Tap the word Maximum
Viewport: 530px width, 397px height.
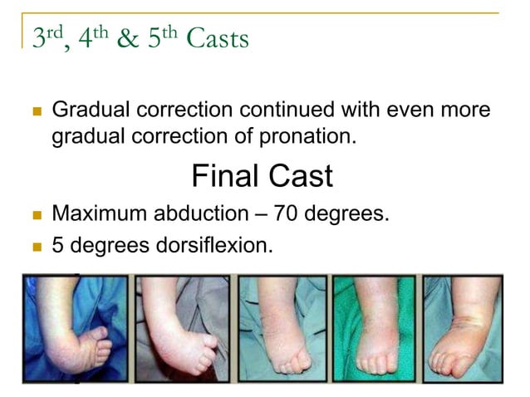(x=100, y=214)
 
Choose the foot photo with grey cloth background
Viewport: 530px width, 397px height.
(x=181, y=329)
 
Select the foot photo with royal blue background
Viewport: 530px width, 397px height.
(x=77, y=329)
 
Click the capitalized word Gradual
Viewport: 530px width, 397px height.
(x=86, y=110)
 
